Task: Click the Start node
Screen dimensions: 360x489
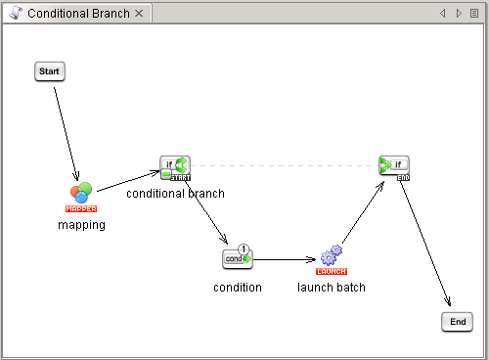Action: [50, 71]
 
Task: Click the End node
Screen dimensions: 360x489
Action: [457, 322]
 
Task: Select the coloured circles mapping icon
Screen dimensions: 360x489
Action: [80, 192]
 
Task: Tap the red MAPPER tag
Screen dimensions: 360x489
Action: [81, 208]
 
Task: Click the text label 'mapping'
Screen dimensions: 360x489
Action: [81, 225]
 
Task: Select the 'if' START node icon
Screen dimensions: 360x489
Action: [175, 166]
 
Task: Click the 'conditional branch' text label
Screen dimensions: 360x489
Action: [175, 194]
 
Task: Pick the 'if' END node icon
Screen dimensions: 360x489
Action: [394, 166]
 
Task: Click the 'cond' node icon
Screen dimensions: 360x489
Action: [237, 259]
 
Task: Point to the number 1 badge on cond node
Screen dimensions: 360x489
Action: [244, 248]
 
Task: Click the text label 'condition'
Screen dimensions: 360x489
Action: [238, 288]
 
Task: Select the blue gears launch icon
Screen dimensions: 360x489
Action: [331, 256]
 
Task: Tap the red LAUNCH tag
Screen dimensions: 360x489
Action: [332, 271]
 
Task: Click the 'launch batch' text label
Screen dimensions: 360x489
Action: [332, 288]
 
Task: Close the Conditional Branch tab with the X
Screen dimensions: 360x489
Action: [139, 14]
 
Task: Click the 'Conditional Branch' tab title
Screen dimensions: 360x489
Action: [78, 14]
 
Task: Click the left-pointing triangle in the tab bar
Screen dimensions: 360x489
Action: [443, 14]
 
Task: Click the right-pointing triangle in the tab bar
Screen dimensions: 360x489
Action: [459, 14]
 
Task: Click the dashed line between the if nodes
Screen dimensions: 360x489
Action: [284, 164]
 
